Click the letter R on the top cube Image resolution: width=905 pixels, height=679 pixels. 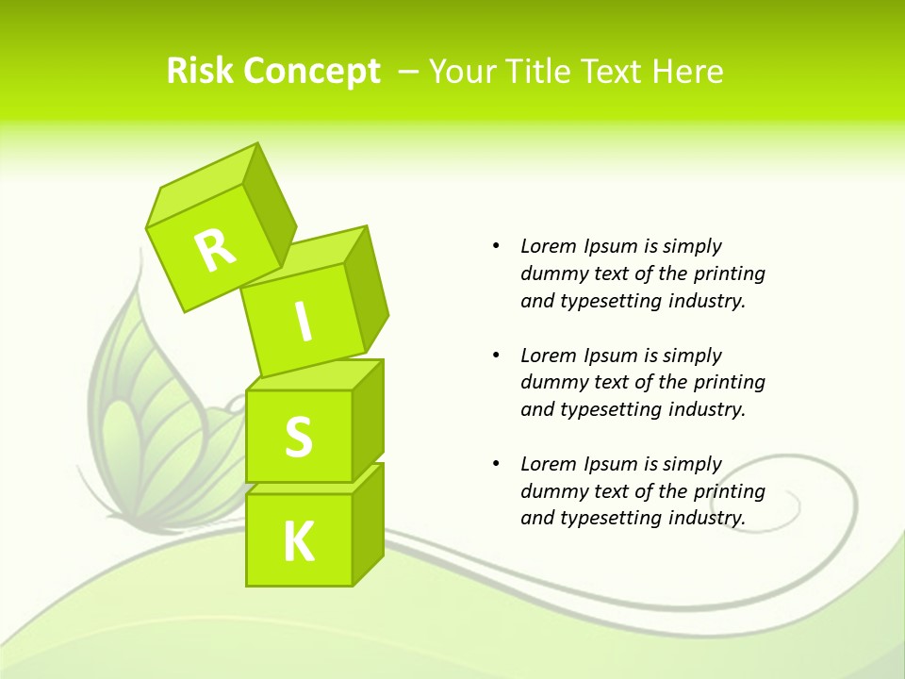click(x=216, y=250)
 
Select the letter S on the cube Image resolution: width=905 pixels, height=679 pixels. click(x=298, y=437)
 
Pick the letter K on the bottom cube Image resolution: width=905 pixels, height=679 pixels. click(x=298, y=542)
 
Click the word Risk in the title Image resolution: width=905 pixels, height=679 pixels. click(x=201, y=71)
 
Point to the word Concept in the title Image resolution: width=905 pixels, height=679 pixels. click(x=312, y=72)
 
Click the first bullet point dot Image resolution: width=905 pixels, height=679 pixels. click(x=496, y=246)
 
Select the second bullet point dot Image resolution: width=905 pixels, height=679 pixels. click(x=496, y=356)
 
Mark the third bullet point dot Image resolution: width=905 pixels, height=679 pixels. click(x=496, y=464)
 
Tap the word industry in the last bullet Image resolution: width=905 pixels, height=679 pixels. click(x=706, y=518)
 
